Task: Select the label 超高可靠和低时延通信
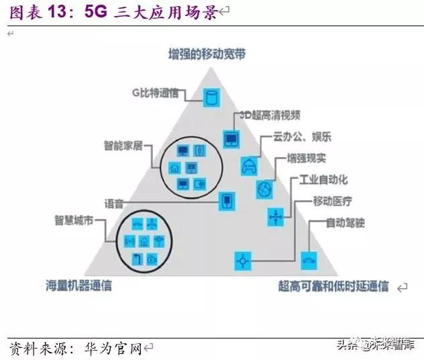pos(333,286)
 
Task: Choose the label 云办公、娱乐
pos(302,136)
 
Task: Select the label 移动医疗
pos(332,201)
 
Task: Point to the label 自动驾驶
pos(345,222)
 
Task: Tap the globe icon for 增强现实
pos(264,189)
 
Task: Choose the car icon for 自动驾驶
pos(309,260)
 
